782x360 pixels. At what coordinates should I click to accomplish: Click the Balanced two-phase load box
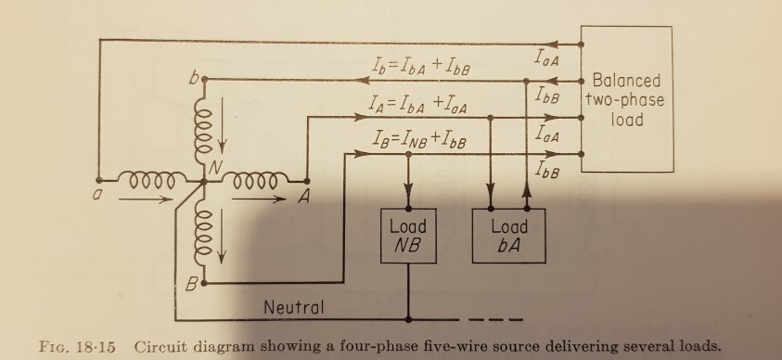[626, 100]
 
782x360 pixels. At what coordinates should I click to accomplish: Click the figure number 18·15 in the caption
[94, 347]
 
